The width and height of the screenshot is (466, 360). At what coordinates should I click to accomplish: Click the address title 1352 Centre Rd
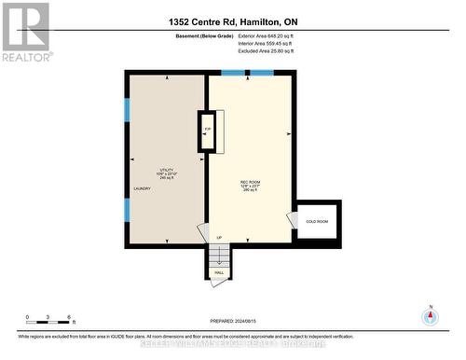(233, 21)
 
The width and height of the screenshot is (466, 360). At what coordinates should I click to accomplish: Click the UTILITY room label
(167, 172)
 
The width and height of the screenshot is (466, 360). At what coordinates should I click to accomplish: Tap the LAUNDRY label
(142, 188)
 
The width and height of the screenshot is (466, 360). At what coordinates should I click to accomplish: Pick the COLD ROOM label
(318, 222)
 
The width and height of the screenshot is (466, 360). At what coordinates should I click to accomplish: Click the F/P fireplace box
(208, 131)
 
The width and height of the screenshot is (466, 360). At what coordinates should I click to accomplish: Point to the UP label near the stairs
(219, 237)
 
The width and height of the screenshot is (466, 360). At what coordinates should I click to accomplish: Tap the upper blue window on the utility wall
(127, 108)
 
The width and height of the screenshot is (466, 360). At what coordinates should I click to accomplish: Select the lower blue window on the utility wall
(127, 210)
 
